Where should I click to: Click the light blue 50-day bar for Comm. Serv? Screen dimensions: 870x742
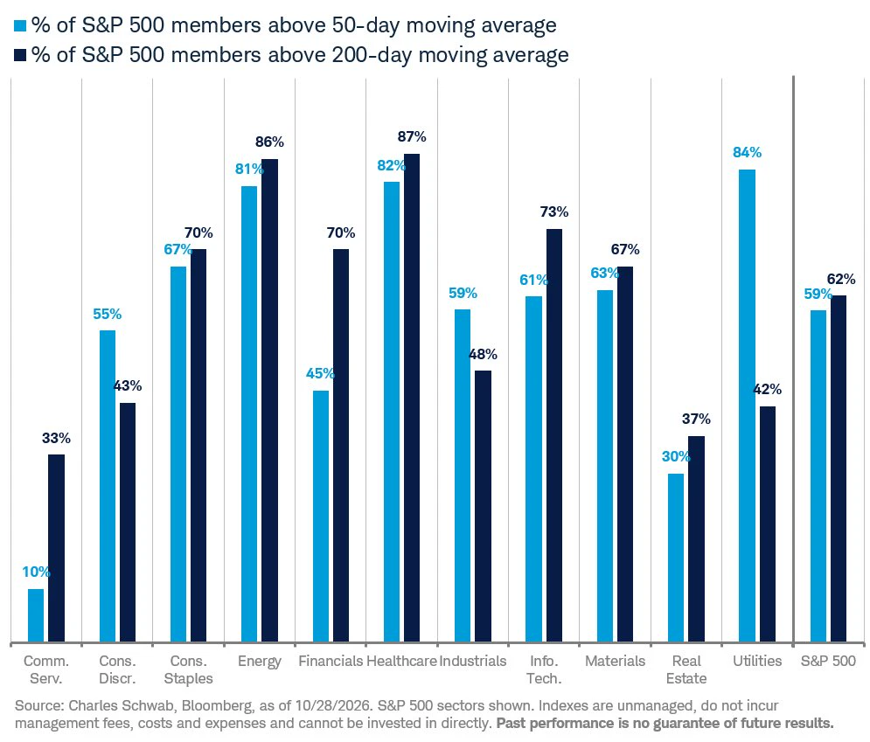[36, 615]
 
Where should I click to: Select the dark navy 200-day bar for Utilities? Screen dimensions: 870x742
[768, 524]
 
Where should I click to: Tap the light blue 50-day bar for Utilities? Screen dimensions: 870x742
[747, 406]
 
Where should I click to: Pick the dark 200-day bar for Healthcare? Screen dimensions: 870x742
[412, 399]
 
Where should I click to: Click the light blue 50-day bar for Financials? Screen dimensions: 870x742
[321, 517]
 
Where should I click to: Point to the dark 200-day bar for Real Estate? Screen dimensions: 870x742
[696, 539]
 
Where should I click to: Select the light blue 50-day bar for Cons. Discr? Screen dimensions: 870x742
[107, 486]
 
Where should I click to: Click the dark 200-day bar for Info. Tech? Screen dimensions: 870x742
[554, 436]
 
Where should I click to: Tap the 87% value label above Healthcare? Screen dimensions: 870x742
[412, 136]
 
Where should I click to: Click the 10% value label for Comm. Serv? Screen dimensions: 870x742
[36, 572]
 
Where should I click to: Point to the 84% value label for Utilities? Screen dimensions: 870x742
[747, 152]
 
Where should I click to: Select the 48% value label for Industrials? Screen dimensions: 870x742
[483, 354]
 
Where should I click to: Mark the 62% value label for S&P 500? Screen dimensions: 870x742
[841, 279]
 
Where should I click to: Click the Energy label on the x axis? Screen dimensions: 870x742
[260, 662]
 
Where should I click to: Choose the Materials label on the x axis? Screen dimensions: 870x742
[616, 661]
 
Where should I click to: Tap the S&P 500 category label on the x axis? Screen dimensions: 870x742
[828, 661]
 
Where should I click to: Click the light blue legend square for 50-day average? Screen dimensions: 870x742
[20, 25]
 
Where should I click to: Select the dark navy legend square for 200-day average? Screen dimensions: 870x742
[20, 55]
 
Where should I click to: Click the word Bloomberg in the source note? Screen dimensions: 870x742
[217, 706]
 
